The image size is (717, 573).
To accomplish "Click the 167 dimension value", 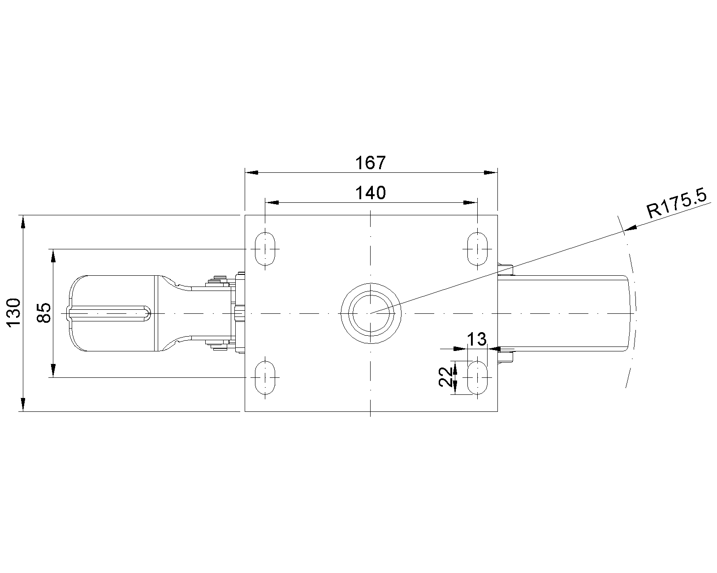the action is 370,163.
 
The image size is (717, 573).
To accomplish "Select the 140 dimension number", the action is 371,193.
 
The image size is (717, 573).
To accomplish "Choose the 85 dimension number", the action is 44,312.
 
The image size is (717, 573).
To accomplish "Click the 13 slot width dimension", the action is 477,339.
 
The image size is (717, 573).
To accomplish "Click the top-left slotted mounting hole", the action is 265,249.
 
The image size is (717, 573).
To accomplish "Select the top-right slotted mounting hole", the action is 477,249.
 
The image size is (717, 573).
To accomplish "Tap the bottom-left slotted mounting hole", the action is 265,377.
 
